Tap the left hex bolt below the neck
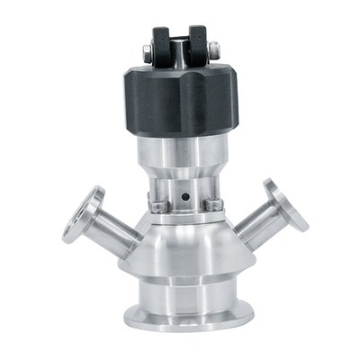pyautogui.click(x=157, y=206)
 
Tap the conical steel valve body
pyautogui.click(x=184, y=247)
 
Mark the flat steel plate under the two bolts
pyautogui.click(x=184, y=214)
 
